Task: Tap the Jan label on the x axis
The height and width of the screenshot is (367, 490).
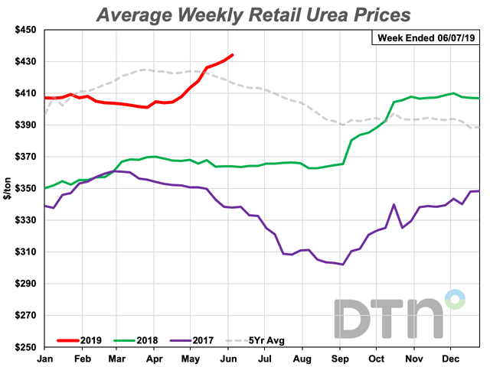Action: pos(44,358)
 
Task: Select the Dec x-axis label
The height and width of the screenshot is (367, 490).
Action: pos(452,358)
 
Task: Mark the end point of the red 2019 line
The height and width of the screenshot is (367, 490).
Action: pos(233,55)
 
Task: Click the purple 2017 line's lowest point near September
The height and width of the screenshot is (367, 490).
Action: pos(342,265)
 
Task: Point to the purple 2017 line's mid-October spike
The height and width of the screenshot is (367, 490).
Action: pos(394,205)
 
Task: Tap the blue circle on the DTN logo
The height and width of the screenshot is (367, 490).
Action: pos(456,299)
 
